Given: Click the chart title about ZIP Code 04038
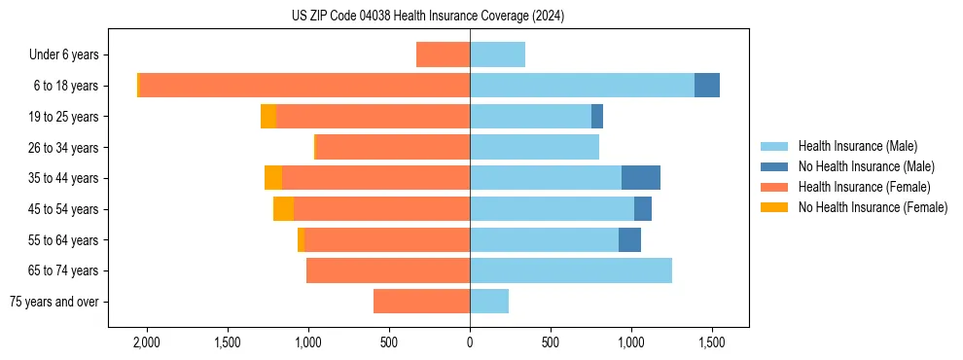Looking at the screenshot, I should [x=428, y=16].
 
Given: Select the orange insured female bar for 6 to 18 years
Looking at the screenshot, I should [x=304, y=86].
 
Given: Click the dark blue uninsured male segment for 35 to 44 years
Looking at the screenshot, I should [x=640, y=178].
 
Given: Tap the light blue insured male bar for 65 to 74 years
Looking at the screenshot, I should [x=571, y=270].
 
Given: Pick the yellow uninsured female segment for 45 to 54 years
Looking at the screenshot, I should [x=283, y=209].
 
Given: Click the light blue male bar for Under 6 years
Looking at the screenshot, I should [x=497, y=54].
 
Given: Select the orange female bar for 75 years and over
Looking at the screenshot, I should [x=421, y=302].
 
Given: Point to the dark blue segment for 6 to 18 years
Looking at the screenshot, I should [x=706, y=86].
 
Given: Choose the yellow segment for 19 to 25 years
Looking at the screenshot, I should [x=268, y=117].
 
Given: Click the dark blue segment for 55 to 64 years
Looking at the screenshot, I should [x=629, y=239].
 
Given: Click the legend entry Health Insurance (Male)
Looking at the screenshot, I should [x=857, y=146].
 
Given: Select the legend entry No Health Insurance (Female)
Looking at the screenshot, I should [x=873, y=207].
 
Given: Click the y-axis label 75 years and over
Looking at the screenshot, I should [x=54, y=302].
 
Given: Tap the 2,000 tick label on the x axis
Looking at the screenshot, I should [x=147, y=342].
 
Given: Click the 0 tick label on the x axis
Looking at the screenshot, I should [x=470, y=342].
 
